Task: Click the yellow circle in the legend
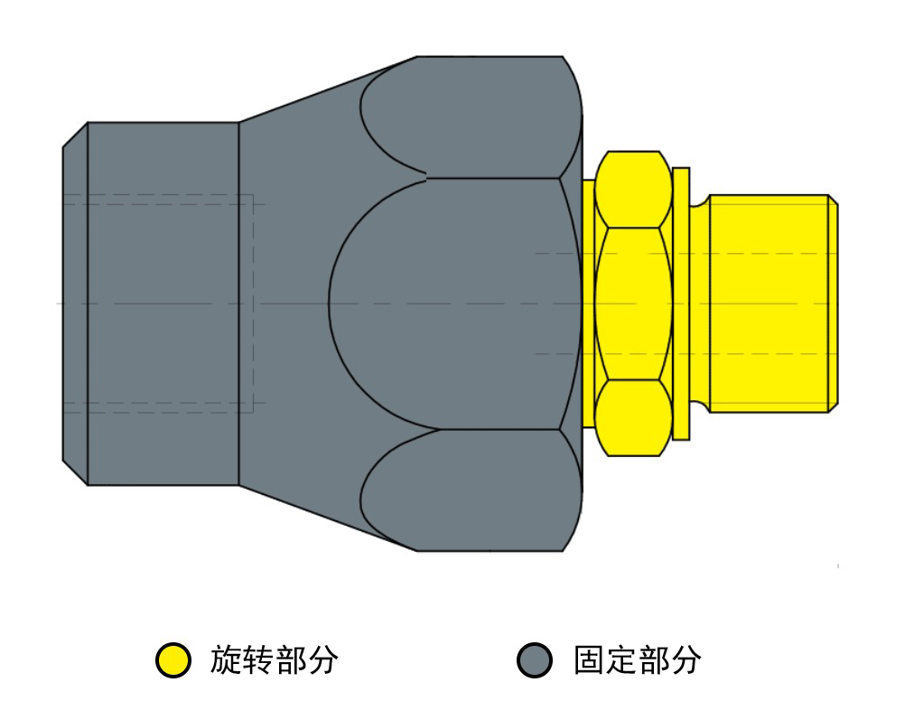click(x=173, y=660)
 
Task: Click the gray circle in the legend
click(x=535, y=660)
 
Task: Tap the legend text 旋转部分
click(x=274, y=660)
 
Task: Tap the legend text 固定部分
click(x=637, y=660)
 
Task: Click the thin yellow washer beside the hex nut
click(x=681, y=304)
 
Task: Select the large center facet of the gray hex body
click(x=454, y=304)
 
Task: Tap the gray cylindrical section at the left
click(x=163, y=304)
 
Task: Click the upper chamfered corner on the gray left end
click(x=75, y=136)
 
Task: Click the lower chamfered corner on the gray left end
click(x=75, y=472)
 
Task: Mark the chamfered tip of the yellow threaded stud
click(x=834, y=304)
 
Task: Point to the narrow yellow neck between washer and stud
click(x=699, y=304)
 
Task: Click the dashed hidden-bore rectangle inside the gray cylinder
click(x=253, y=304)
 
